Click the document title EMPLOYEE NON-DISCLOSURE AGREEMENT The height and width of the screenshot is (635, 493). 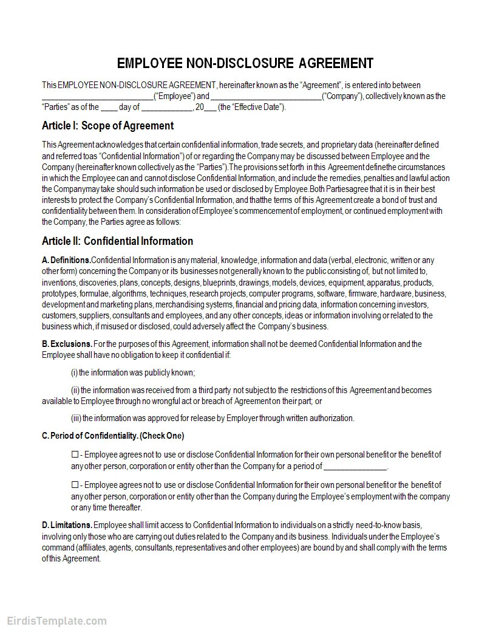(x=245, y=63)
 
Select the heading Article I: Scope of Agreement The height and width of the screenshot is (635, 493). (x=107, y=126)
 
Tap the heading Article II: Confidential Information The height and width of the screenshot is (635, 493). (x=117, y=241)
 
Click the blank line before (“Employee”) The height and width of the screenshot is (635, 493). (x=97, y=97)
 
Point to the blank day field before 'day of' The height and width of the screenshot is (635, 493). (x=109, y=108)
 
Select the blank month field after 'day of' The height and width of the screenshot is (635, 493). (x=166, y=108)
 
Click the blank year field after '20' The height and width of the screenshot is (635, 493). (x=209, y=108)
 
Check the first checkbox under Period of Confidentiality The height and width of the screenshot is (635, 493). (x=75, y=455)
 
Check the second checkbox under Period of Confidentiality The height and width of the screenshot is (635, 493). (x=75, y=485)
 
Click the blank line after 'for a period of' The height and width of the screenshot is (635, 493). (x=355, y=467)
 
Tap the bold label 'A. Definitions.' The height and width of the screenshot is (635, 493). (x=66, y=261)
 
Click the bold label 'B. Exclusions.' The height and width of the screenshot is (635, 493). (x=67, y=344)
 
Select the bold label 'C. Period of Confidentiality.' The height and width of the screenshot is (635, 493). (x=90, y=436)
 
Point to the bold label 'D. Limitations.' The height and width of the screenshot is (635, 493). (x=67, y=525)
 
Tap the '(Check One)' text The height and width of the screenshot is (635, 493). (x=162, y=436)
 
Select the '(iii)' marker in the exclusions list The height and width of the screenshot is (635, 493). (x=76, y=418)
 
